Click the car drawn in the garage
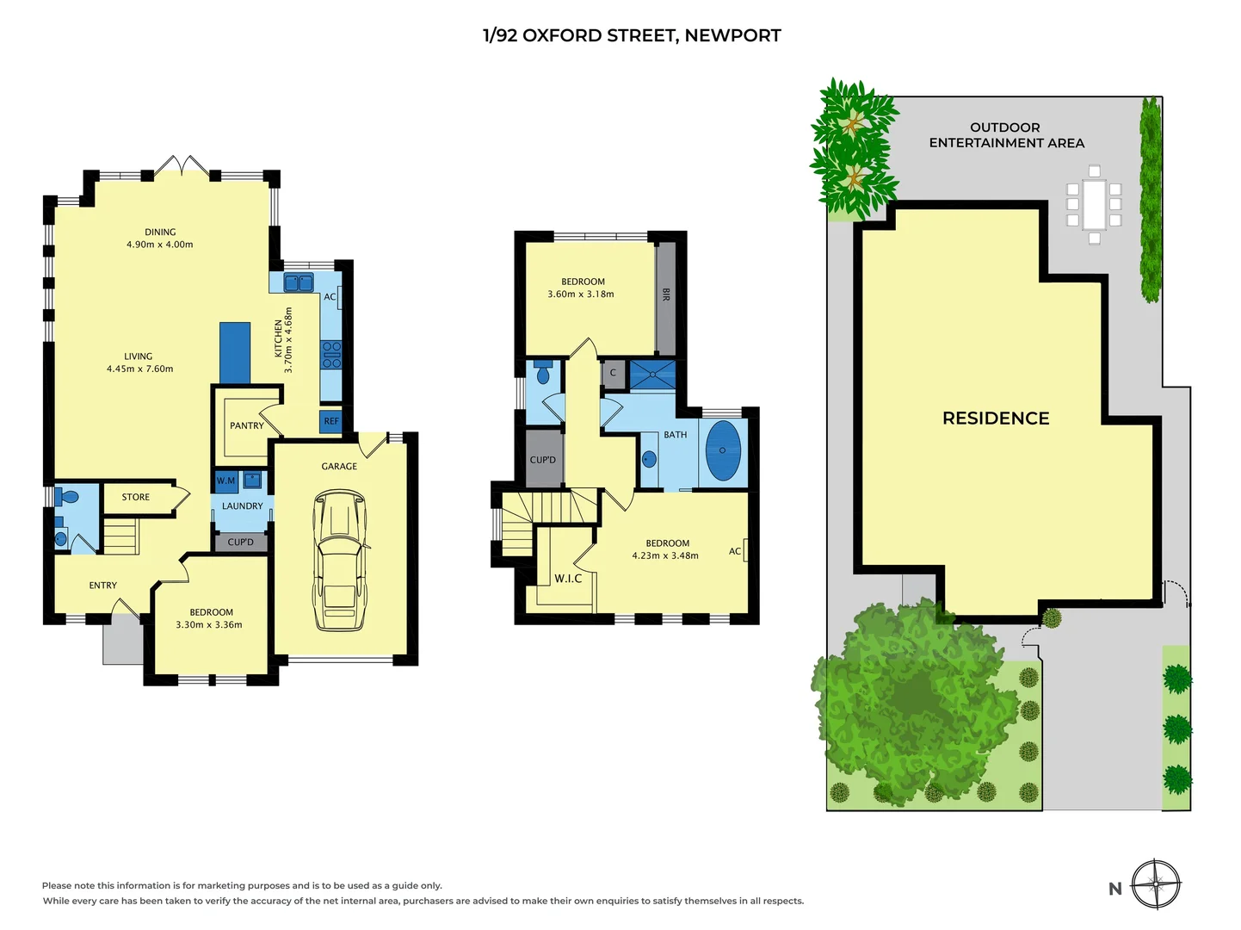(340, 560)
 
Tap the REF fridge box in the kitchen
(331, 421)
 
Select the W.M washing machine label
(225, 480)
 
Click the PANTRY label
(247, 425)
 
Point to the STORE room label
(136, 497)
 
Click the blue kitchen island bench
(235, 352)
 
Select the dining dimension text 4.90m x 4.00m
(160, 245)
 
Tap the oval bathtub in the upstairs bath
(723, 450)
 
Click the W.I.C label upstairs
(568, 579)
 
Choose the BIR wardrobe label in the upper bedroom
(666, 294)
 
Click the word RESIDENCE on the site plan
(996, 418)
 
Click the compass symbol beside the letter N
(1156, 884)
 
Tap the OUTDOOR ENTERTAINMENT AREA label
(1006, 135)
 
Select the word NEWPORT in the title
(732, 35)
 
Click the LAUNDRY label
(243, 506)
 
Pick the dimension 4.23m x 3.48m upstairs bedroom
(665, 555)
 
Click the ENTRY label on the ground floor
(103, 586)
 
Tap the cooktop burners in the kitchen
(331, 355)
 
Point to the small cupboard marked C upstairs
(613, 373)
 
